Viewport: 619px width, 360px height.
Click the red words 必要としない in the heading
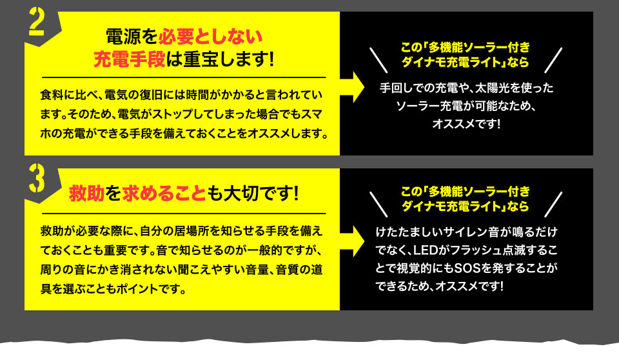click(210, 37)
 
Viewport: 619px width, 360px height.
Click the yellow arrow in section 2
click(352, 87)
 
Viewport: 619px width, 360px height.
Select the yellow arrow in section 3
click(352, 241)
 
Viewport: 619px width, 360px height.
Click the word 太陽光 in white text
click(492, 88)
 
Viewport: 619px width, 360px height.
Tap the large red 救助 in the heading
click(87, 194)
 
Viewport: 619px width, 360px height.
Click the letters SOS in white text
click(467, 268)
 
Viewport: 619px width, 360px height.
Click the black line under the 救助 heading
click(184, 214)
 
